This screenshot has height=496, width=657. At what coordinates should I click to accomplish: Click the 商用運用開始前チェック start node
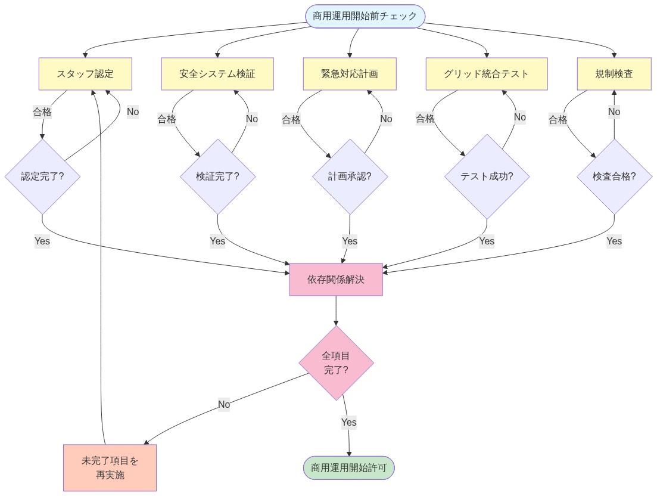pos(365,16)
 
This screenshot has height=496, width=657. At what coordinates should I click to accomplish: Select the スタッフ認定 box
pos(85,74)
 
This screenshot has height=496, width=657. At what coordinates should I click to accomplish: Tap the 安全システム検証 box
pos(217,74)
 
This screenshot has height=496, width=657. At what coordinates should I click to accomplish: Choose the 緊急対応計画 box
pos(349,74)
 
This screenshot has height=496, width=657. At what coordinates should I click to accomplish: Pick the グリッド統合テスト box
pos(486,74)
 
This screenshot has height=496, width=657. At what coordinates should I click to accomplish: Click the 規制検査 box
pos(614,74)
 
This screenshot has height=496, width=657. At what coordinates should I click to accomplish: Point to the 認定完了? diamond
pos(42,176)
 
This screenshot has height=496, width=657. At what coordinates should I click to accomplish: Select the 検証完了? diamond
pos(217,176)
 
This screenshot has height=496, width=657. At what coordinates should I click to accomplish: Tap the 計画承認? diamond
pos(350,176)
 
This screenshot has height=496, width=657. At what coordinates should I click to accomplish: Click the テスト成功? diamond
pos(487,176)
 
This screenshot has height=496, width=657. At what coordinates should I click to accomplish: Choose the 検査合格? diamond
pos(614,176)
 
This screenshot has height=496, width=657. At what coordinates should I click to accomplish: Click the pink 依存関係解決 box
pos(336,280)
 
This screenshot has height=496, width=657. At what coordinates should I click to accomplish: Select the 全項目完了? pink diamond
pos(336,362)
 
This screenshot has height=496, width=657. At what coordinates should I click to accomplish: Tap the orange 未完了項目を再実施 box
pos(110,467)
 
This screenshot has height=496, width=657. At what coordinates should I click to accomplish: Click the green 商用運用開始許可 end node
pos(349,467)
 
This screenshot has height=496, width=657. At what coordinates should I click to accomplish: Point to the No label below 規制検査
pos(614,111)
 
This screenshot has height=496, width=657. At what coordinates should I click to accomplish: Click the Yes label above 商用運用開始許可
pos(349,422)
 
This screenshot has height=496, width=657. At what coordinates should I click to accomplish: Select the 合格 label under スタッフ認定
pos(42,111)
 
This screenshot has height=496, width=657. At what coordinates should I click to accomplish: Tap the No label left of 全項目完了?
pos(224,404)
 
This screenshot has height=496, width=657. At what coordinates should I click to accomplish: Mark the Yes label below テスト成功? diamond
pos(487,241)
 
